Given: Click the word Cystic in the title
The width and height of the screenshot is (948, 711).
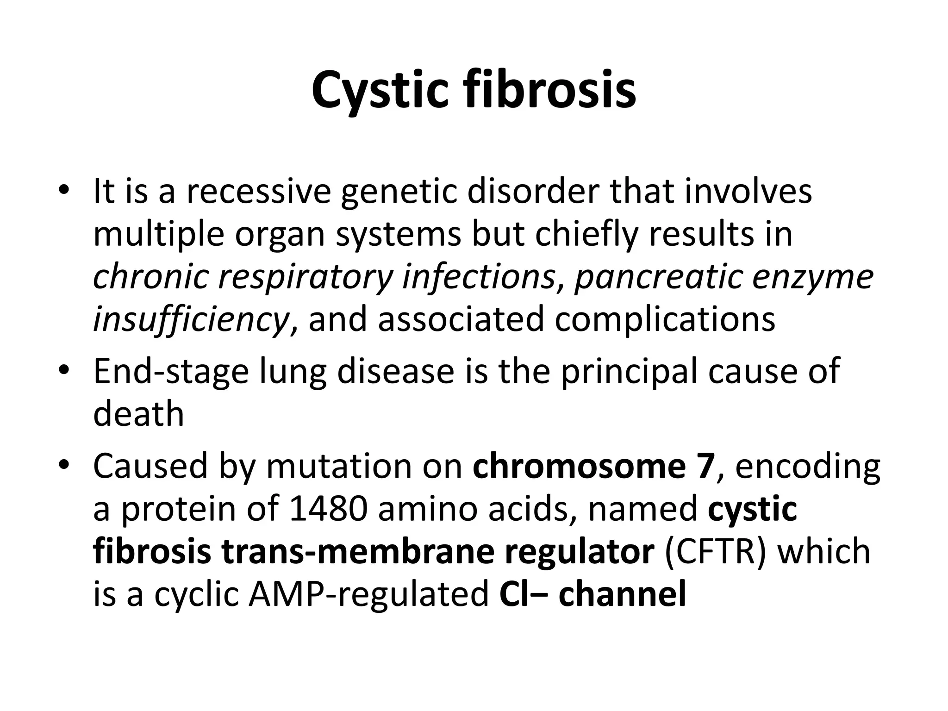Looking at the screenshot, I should point(380,91).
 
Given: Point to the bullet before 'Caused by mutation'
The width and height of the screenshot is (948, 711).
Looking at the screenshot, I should point(63,465).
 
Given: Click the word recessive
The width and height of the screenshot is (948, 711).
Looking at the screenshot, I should point(258,191).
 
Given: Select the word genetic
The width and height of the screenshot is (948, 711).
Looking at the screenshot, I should point(398,191).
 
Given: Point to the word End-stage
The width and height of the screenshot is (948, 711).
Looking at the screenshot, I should point(171,372).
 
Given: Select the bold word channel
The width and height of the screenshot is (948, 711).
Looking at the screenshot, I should point(622,594).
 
